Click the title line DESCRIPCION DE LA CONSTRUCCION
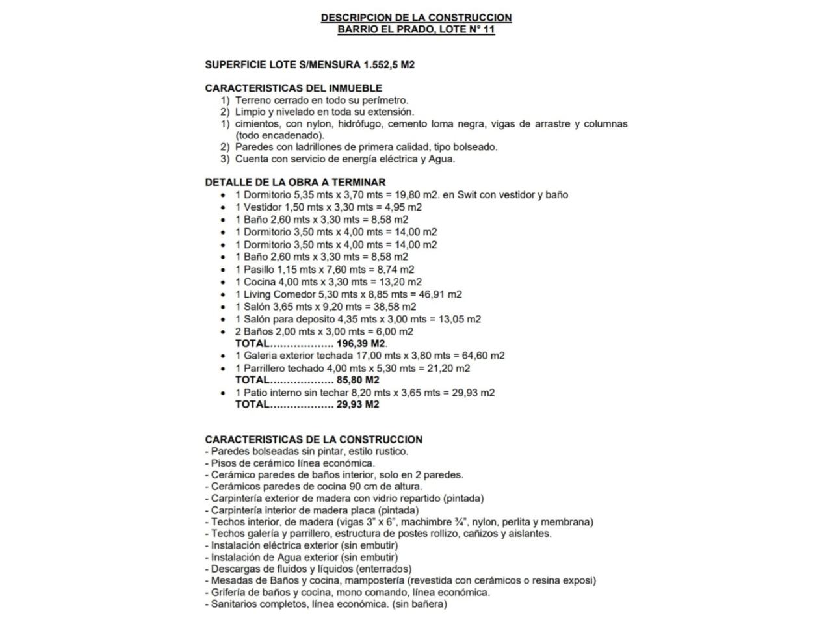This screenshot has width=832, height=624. click(x=416, y=18)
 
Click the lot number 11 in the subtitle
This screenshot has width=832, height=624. click(x=489, y=30)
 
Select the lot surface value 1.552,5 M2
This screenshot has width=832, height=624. click(x=389, y=64)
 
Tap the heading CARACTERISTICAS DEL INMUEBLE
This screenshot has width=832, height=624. click(x=293, y=88)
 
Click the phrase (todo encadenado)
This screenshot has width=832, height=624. click(x=279, y=135)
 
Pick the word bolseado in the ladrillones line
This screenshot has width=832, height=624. click(x=476, y=147)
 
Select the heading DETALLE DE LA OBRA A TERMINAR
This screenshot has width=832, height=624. click(x=295, y=182)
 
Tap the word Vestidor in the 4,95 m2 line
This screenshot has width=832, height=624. click(x=263, y=207)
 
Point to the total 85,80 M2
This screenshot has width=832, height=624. click(x=357, y=380)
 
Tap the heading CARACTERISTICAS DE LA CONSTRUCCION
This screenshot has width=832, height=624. click(x=313, y=439)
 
